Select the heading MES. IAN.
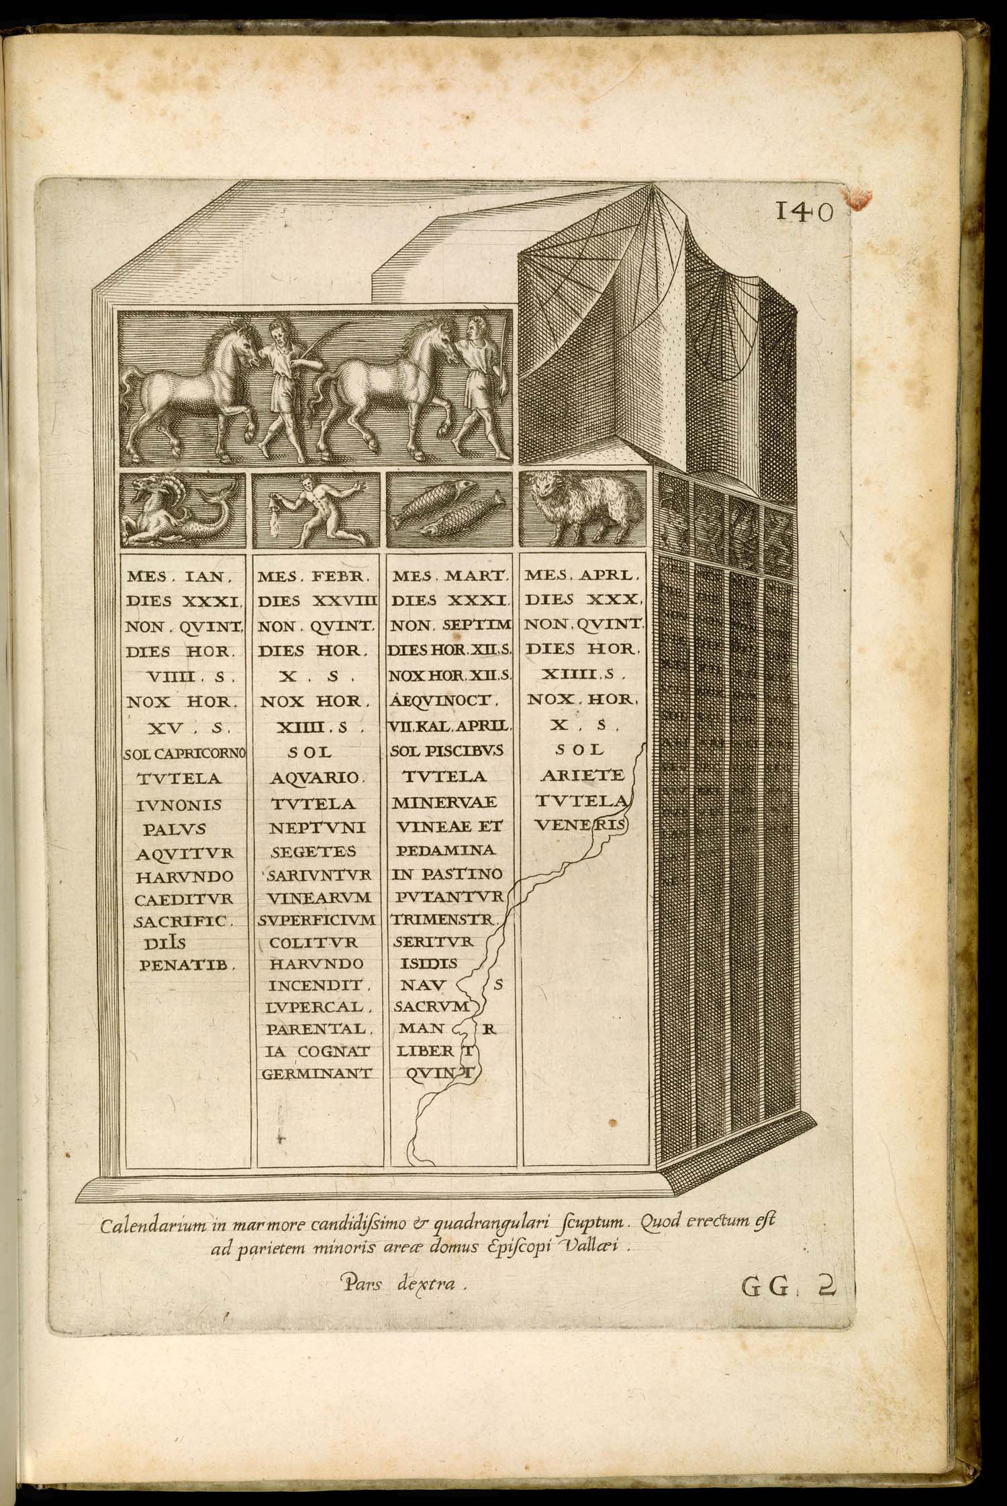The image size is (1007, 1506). click(179, 575)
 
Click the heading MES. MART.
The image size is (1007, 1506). click(451, 575)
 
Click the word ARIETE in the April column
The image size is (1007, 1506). click(583, 776)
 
